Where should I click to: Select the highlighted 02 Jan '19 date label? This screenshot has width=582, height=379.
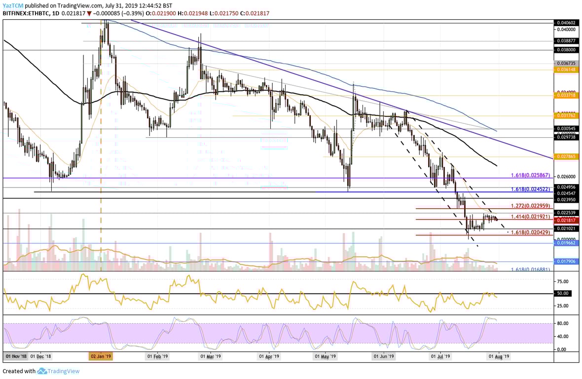tap(101, 356)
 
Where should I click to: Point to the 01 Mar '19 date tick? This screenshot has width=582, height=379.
tap(211, 356)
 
